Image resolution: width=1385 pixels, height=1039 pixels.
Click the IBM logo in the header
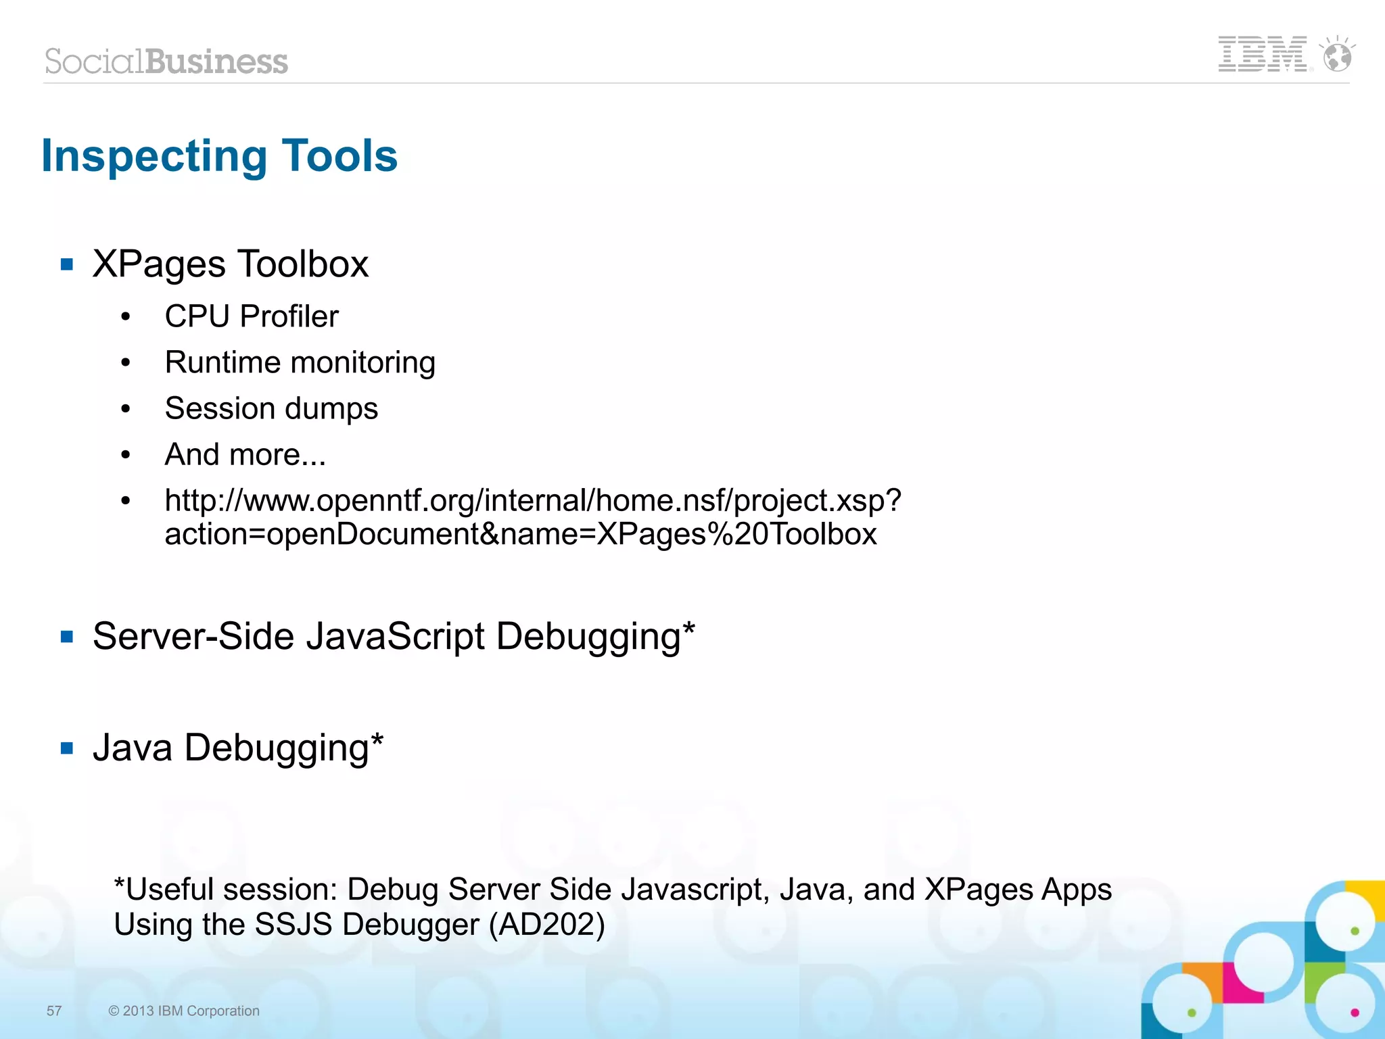point(1262,54)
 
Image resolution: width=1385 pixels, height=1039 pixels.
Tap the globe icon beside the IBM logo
point(1337,55)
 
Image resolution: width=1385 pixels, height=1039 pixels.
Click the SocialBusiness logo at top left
point(166,62)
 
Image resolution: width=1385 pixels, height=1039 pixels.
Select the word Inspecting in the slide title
point(155,156)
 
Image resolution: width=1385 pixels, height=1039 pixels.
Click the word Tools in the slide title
point(339,156)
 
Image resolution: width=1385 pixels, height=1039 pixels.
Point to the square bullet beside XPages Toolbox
point(67,264)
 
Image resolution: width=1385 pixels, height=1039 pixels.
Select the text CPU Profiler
point(252,316)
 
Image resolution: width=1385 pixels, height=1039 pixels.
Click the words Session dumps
point(271,408)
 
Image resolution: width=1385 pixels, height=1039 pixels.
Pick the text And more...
point(245,454)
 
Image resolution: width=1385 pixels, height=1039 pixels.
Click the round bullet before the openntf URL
point(126,501)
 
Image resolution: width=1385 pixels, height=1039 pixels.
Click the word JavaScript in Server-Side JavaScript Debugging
point(396,637)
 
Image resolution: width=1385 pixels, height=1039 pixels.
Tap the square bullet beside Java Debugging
point(67,748)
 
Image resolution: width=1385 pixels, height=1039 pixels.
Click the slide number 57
point(54,1011)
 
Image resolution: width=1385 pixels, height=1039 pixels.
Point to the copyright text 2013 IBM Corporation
point(184,1011)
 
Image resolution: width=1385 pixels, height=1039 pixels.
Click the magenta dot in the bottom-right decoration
point(1355,1012)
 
